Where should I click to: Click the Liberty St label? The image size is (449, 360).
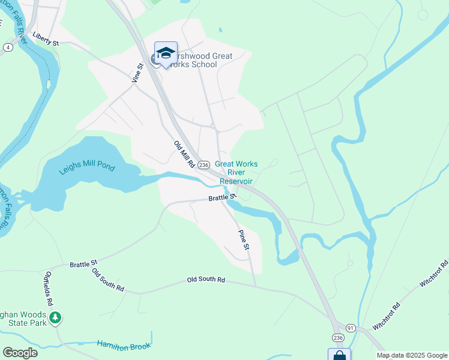tap(46, 39)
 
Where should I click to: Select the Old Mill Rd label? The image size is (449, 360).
tap(184, 154)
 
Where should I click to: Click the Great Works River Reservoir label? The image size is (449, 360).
tap(236, 172)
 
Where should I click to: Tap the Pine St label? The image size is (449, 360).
tap(243, 239)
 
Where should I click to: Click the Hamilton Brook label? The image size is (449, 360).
tap(124, 346)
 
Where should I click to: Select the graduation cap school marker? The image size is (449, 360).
tap(166, 52)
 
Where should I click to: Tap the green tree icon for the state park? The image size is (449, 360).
tap(55, 317)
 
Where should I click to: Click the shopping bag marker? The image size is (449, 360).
tap(339, 355)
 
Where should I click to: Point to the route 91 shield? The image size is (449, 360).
tap(351, 328)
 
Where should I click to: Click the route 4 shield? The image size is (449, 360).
tap(8, 47)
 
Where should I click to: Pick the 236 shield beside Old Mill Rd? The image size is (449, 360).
tap(203, 165)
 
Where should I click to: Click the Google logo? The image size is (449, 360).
tap(20, 353)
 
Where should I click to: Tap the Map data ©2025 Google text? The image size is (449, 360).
tap(411, 355)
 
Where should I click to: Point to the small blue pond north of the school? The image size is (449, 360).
tap(220, 29)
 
